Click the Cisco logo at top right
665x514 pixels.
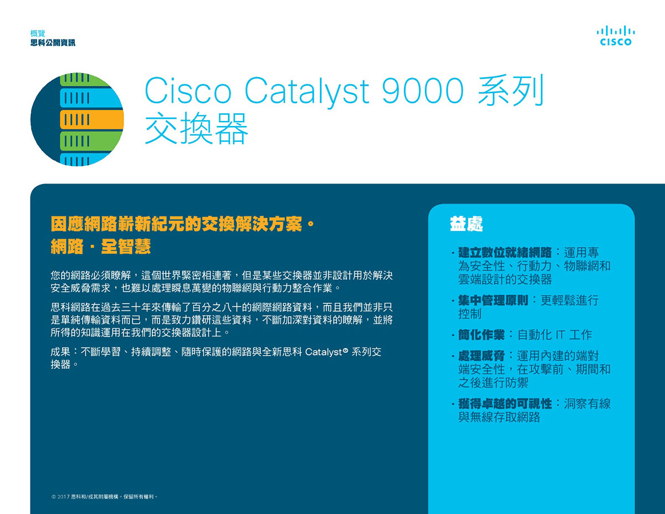[x=616, y=35]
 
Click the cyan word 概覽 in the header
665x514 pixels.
[x=38, y=33]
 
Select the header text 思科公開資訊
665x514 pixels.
[x=53, y=43]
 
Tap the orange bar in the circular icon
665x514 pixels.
[x=92, y=119]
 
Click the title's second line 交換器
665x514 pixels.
[x=196, y=128]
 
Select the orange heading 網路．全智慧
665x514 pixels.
[x=101, y=246]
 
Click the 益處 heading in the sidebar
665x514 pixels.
[x=466, y=224]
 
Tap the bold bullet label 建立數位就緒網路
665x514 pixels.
[x=505, y=252]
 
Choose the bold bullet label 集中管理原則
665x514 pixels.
[x=493, y=301]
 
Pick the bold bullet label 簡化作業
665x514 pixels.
[x=482, y=335]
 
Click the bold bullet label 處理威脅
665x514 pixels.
[x=482, y=356]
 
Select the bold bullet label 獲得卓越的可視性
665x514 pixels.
[x=505, y=404]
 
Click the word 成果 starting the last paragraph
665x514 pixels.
[x=60, y=352]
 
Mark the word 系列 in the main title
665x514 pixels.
[x=510, y=90]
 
